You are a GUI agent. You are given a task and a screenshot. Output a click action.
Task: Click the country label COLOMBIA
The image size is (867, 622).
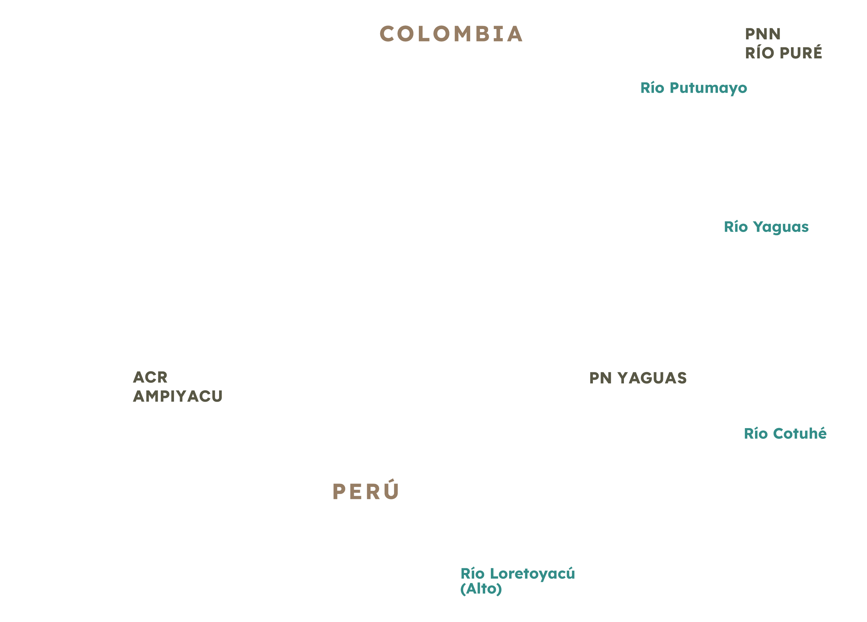[x=451, y=34]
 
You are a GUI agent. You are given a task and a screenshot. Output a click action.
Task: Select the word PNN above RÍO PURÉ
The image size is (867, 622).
[x=763, y=34]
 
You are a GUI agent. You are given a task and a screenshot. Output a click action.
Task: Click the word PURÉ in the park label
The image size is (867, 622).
[x=801, y=53]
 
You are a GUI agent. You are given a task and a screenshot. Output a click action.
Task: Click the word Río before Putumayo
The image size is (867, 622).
[x=653, y=88]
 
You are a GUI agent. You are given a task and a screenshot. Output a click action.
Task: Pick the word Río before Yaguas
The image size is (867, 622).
[x=736, y=227]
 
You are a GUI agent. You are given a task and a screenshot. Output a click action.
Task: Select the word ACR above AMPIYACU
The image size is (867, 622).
[x=150, y=377]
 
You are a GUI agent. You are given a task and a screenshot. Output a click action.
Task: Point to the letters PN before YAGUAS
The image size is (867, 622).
[x=601, y=378]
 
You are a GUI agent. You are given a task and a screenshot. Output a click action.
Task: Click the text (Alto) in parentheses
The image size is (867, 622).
[x=481, y=589]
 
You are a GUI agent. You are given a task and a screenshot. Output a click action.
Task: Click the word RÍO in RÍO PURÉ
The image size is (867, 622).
[x=760, y=53]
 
